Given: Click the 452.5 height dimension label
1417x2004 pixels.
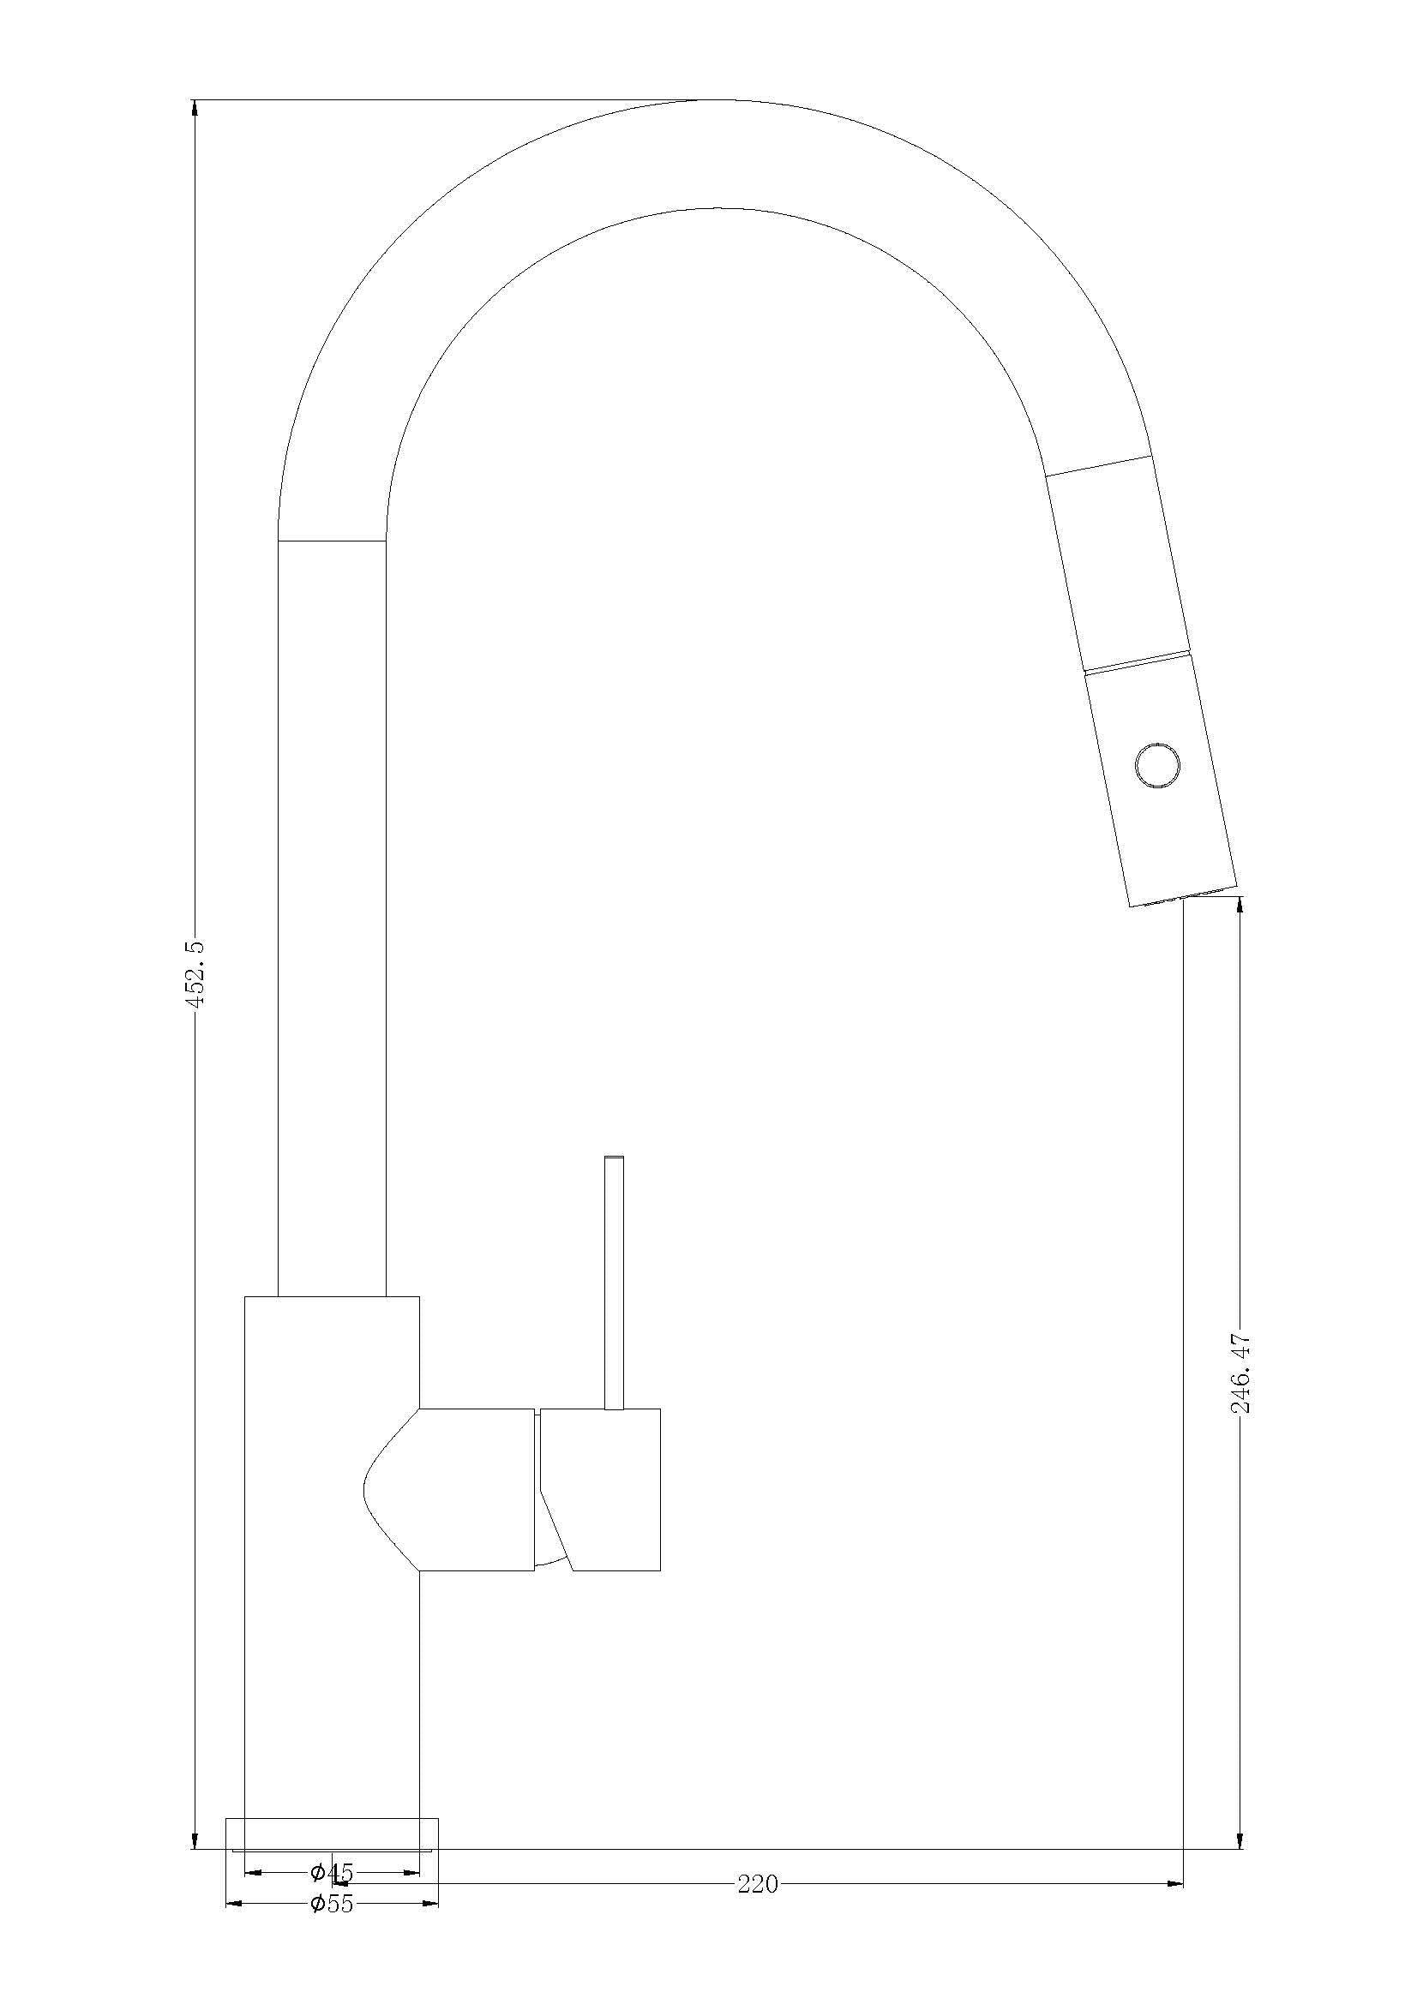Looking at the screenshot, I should click(196, 973).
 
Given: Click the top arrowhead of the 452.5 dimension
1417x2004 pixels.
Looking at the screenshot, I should click(194, 106).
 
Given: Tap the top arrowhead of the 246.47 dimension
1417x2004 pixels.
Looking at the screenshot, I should click(1240, 904).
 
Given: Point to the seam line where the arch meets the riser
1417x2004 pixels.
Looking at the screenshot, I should click(332, 541).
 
